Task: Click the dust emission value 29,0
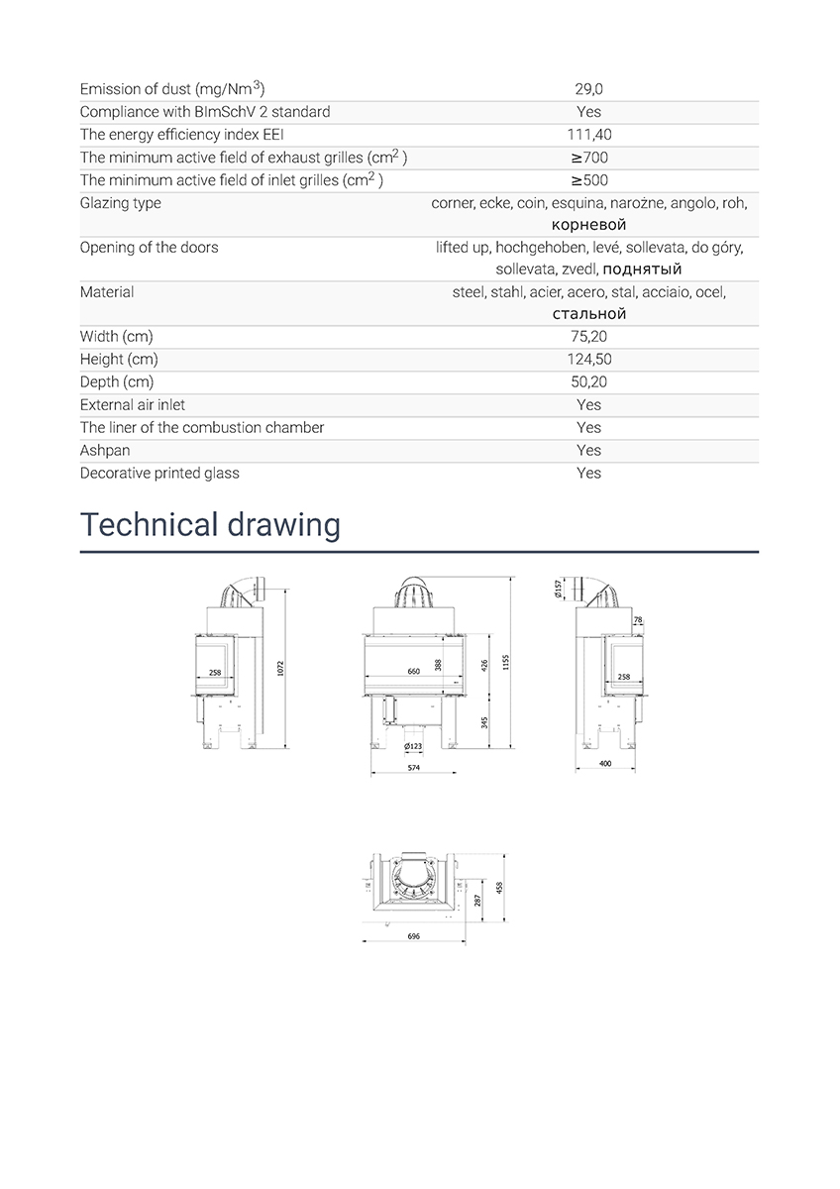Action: (588, 89)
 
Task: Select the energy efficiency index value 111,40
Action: (588, 135)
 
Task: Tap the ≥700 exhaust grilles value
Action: (588, 158)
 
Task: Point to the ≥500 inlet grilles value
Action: (588, 180)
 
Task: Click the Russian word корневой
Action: (589, 225)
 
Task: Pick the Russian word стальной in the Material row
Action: (589, 314)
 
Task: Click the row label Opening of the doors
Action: (150, 248)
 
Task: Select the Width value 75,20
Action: (588, 337)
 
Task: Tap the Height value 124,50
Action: (588, 360)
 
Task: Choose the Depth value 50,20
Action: (588, 382)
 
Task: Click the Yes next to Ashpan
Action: (588, 451)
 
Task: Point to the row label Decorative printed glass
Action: (159, 474)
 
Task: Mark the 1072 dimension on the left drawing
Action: (281, 670)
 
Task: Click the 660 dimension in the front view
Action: (414, 671)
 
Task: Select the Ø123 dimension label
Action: (413, 745)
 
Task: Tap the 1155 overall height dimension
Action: (505, 662)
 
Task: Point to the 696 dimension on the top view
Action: (413, 936)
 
